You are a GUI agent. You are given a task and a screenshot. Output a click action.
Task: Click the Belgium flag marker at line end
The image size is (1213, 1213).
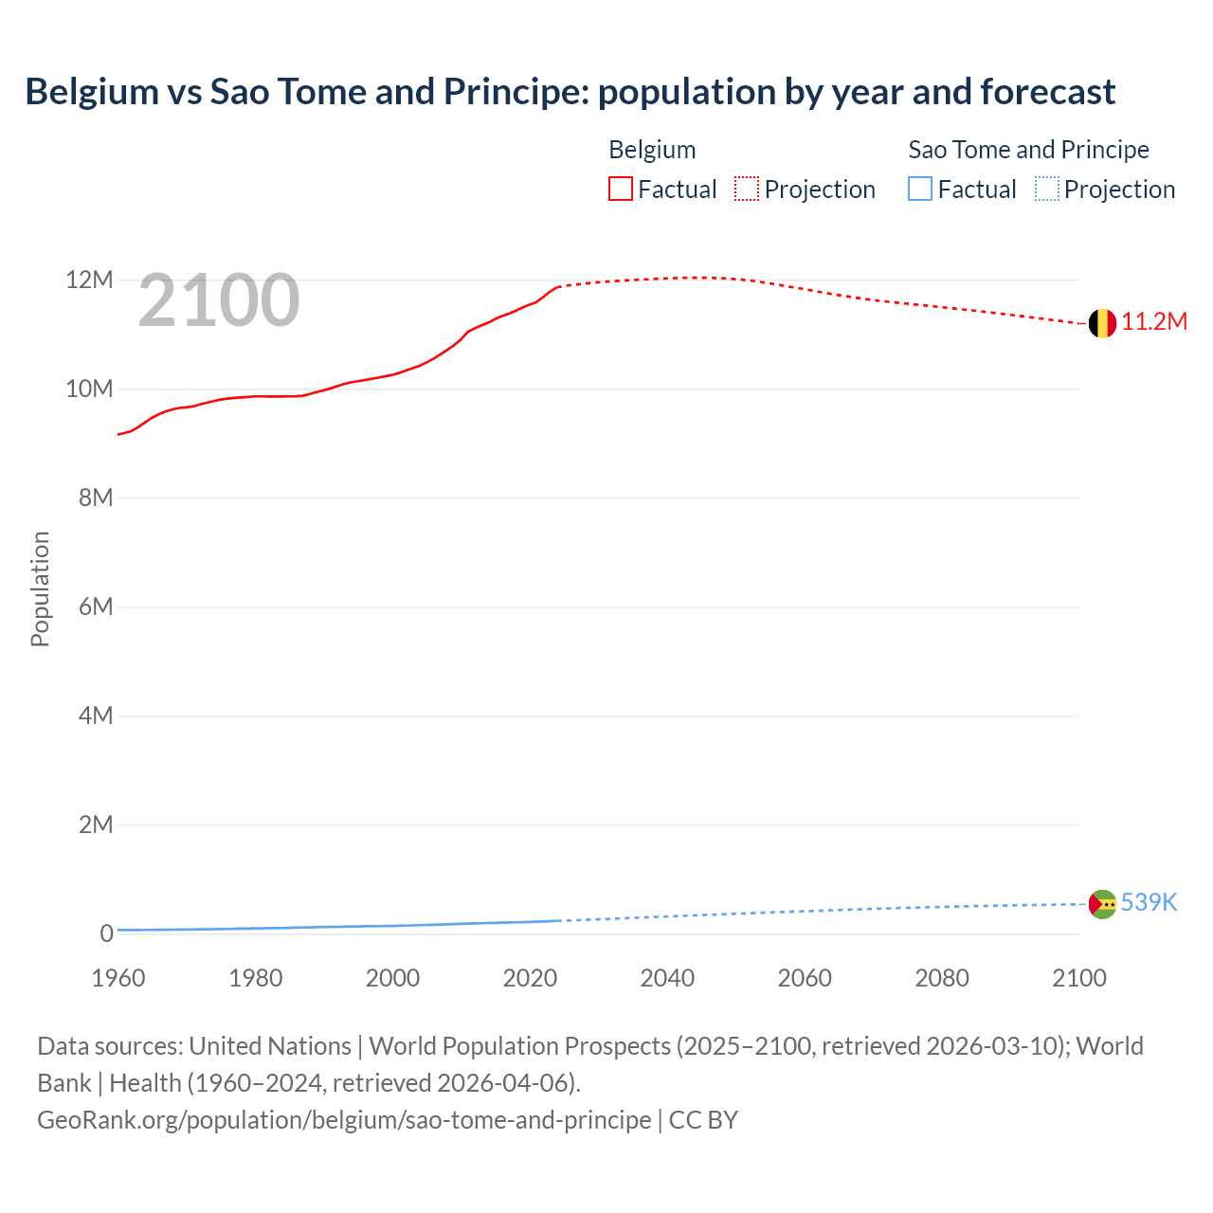coord(1101,323)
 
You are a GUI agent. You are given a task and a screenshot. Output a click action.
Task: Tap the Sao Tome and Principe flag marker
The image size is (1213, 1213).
coord(1101,904)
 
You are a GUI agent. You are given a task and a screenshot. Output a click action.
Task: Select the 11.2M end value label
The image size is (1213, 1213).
coord(1154,322)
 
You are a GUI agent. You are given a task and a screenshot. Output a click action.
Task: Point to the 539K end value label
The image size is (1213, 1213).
coord(1149,903)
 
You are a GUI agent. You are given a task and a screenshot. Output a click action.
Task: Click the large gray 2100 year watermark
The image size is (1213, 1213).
coord(219,300)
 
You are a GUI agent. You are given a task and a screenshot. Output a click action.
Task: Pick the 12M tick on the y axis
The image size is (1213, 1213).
coord(89,281)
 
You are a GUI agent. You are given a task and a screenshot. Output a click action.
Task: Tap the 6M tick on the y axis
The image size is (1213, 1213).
coord(95,606)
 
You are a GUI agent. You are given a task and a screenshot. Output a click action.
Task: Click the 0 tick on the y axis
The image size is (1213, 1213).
coord(106,933)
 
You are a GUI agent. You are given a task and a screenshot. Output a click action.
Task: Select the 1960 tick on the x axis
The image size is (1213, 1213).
coord(118,978)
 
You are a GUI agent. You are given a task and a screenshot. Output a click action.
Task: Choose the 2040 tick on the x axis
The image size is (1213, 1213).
coord(667,978)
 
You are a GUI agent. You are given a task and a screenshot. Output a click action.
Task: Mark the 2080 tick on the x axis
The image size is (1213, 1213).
coord(942,978)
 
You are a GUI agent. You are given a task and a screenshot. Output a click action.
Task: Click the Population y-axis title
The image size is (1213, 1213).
coord(40,589)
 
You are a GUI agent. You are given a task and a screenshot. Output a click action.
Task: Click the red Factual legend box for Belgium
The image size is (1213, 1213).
coord(621,190)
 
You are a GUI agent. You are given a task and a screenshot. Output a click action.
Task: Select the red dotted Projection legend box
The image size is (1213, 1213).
coord(747,190)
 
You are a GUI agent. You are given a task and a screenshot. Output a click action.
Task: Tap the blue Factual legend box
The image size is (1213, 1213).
coord(920,190)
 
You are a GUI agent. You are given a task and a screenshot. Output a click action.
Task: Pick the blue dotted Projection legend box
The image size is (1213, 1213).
coord(1047,190)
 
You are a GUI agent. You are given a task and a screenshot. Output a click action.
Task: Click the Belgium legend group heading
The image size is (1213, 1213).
coord(652,150)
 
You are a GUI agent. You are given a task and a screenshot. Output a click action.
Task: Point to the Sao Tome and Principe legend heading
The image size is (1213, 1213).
coord(1028,150)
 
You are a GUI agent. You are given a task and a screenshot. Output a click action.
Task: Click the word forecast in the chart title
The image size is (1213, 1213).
coord(1047,92)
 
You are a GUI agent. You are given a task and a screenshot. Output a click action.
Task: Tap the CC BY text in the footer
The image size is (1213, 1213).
coord(703,1120)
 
